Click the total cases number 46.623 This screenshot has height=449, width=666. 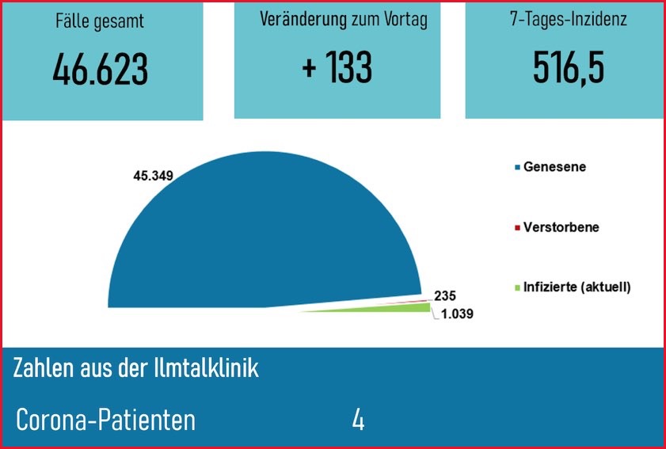[x=101, y=70]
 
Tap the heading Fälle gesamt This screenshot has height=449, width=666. [x=101, y=21]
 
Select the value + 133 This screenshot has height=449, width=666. [x=337, y=68]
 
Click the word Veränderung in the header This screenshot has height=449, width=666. [x=303, y=20]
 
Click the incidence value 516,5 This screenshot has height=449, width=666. [x=569, y=68]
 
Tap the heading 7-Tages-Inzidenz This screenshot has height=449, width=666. [x=569, y=20]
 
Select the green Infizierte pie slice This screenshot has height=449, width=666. [x=396, y=308]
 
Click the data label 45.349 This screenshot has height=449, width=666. [x=153, y=175]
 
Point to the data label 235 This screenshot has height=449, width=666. [x=446, y=296]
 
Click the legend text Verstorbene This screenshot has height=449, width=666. [x=561, y=227]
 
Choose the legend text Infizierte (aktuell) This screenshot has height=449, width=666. [x=577, y=287]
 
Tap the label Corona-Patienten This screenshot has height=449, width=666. [x=105, y=420]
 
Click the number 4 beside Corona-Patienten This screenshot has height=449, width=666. [x=358, y=420]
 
